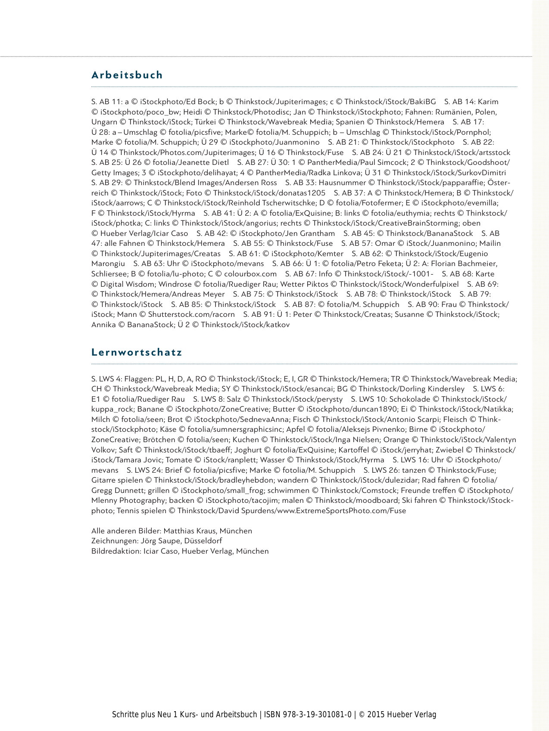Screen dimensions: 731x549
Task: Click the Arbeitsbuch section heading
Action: point(127,75)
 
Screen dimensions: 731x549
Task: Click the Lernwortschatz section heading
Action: point(137,352)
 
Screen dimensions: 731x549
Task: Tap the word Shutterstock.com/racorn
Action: point(191,314)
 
